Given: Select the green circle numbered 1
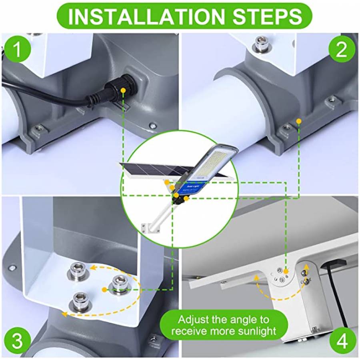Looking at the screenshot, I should pos(16,50).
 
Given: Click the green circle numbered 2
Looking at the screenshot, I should pos(341,50).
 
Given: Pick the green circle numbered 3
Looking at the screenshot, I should pos(16,341).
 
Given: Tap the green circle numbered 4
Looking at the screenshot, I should pos(341,341).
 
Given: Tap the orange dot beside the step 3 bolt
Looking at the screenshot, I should pos(104,289).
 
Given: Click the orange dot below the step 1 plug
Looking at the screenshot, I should pos(124,91).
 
